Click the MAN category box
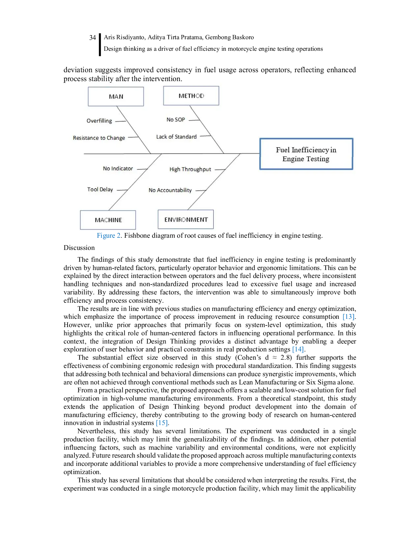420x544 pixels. (116, 96)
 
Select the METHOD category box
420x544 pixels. (191, 96)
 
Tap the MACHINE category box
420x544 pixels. (108, 220)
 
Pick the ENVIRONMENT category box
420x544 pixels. (185, 219)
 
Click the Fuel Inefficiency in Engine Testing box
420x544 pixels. (306, 154)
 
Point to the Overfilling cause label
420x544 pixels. (99, 121)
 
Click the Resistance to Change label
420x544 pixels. (99, 138)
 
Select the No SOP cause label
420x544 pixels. (176, 120)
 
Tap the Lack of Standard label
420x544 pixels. (176, 137)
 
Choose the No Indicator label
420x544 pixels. (118, 168)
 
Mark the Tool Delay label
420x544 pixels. (100, 189)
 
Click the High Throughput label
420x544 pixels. (190, 169)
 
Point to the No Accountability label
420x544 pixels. (170, 190)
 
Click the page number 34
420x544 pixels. (93, 38)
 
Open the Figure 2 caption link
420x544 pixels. (109, 236)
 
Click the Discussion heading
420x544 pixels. (79, 248)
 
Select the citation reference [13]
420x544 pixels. (349, 317)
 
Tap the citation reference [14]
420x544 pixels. (298, 349)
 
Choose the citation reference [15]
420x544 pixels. (162, 423)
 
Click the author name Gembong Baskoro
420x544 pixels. (229, 37)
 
